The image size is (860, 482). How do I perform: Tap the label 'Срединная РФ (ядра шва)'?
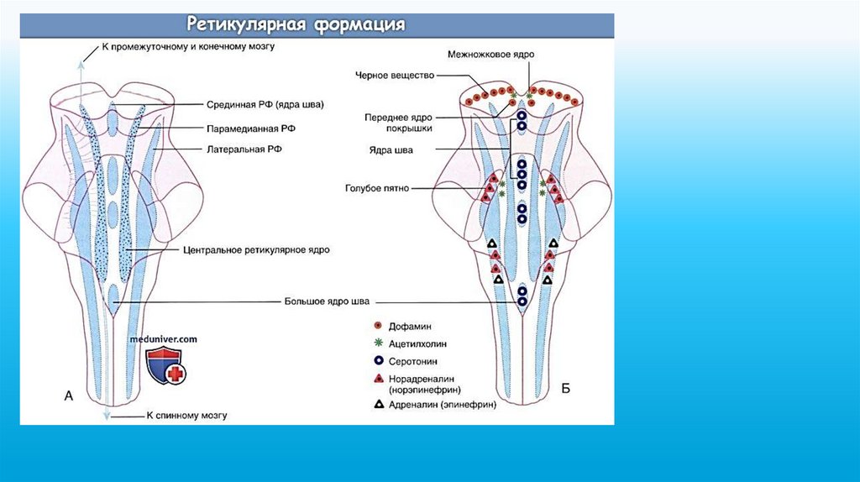(265, 105)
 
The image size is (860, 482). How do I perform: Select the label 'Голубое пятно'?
(377, 190)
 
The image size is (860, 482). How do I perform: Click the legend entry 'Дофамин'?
(409, 326)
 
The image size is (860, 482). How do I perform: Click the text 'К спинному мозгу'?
(186, 415)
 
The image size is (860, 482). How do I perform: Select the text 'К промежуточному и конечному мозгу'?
(188, 47)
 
